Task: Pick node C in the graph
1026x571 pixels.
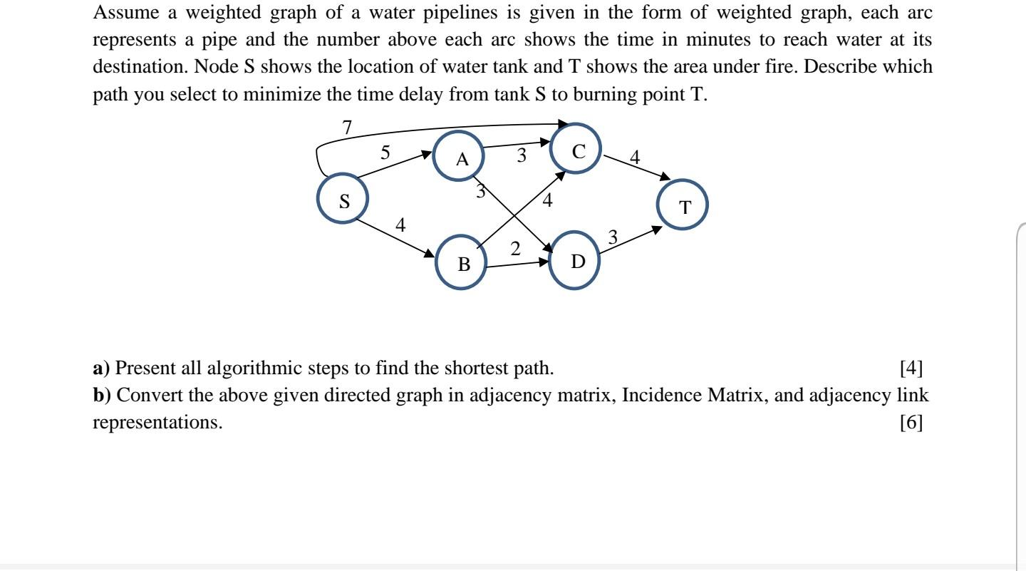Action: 579,151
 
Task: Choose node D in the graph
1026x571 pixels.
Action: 577,261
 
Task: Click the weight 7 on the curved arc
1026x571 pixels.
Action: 347,128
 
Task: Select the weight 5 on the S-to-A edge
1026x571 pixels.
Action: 385,153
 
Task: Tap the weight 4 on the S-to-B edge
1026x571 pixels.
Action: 400,225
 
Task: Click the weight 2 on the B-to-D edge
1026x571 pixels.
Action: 515,249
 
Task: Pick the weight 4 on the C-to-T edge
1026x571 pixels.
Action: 635,157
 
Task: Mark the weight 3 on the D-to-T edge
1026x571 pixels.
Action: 613,236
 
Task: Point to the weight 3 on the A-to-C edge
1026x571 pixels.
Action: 522,155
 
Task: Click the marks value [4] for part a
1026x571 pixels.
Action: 911,369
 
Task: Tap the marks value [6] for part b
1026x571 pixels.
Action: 911,423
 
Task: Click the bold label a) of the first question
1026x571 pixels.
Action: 102,369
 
